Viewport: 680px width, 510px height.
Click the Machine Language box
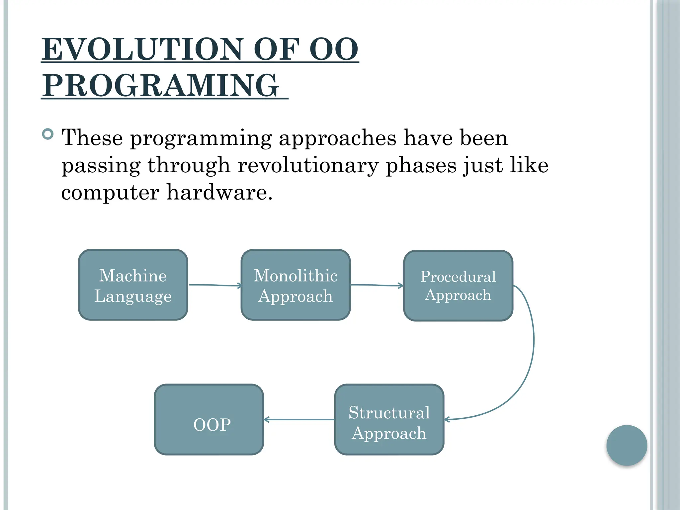pyautogui.click(x=133, y=285)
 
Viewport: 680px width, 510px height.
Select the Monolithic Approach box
pyautogui.click(x=296, y=285)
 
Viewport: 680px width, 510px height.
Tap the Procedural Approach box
pyautogui.click(x=458, y=286)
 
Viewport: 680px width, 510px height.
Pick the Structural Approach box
pyautogui.click(x=389, y=420)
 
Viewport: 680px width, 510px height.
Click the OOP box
pyautogui.click(x=209, y=420)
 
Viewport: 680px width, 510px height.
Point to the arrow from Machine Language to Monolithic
pyautogui.click(x=214, y=285)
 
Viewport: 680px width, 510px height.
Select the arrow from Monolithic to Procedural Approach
pyautogui.click(x=377, y=285)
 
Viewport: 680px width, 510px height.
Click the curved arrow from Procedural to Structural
pyautogui.click(x=534, y=342)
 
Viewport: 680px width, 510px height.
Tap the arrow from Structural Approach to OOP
pyautogui.click(x=299, y=420)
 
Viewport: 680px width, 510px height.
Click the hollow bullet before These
pyautogui.click(x=48, y=134)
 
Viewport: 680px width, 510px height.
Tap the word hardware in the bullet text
pyautogui.click(x=219, y=192)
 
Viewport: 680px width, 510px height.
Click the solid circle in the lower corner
pyautogui.click(x=627, y=445)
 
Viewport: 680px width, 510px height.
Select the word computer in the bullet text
pyautogui.click(x=110, y=193)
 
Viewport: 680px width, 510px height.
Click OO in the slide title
pyautogui.click(x=334, y=49)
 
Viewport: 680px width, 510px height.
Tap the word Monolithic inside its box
pyautogui.click(x=296, y=276)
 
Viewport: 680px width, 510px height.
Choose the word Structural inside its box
pyautogui.click(x=389, y=413)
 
